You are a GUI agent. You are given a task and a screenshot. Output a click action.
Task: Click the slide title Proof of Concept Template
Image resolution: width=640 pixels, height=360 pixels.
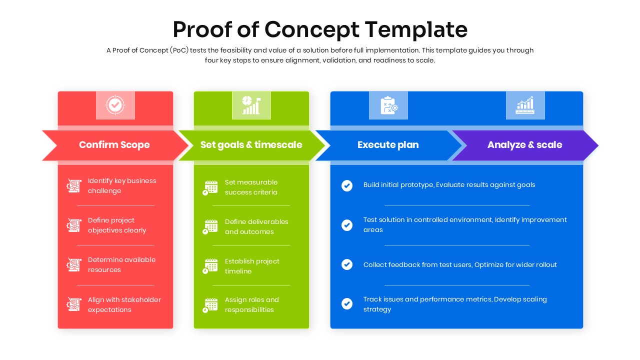click(x=320, y=29)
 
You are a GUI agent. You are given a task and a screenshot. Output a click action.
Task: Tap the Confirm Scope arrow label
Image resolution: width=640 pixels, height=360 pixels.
click(x=114, y=145)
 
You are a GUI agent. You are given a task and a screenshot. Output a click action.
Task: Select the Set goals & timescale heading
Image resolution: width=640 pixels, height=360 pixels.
click(x=251, y=145)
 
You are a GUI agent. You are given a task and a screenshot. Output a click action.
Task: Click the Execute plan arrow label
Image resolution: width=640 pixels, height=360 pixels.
click(x=388, y=145)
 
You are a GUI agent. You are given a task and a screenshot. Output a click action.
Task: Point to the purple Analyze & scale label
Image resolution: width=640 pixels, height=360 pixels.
click(x=524, y=145)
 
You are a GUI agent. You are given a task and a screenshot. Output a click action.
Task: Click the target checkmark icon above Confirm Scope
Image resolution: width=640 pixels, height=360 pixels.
click(x=115, y=105)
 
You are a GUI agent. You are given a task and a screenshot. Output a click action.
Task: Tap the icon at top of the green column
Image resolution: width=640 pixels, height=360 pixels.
click(x=251, y=105)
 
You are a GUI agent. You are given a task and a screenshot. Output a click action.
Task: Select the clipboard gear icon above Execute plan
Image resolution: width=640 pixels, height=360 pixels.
click(x=388, y=105)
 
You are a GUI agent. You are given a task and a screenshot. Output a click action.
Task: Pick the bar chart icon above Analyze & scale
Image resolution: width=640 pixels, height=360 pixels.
click(x=525, y=105)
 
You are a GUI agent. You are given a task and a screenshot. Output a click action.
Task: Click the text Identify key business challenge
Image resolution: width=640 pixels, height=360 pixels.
click(x=122, y=185)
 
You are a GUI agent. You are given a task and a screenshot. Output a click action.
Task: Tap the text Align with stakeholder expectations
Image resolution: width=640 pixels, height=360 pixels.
click(x=124, y=304)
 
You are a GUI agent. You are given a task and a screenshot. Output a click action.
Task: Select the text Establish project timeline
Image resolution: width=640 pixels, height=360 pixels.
click(x=252, y=266)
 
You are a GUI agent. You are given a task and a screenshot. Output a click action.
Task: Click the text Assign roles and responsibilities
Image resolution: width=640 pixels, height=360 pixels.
click(x=251, y=304)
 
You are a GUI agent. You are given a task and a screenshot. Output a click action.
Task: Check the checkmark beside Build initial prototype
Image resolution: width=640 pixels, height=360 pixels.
click(x=347, y=185)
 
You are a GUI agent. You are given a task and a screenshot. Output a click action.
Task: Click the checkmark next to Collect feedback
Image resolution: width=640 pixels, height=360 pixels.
click(x=347, y=264)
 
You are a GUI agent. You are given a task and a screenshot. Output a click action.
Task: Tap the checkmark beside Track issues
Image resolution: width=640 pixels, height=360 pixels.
click(x=347, y=303)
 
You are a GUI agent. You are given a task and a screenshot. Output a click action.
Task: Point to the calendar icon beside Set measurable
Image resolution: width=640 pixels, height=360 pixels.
click(x=210, y=187)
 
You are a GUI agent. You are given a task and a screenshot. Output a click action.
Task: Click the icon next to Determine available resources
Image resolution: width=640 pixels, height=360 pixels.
click(x=74, y=264)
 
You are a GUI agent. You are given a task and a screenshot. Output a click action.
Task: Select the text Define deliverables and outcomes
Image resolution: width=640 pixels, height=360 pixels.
click(x=256, y=226)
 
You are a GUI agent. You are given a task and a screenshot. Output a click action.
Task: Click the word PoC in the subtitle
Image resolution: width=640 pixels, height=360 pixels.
click(x=179, y=50)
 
